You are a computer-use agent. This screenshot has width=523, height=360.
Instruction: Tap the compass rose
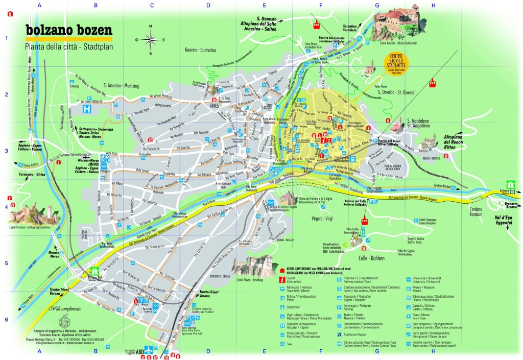coord(150,39)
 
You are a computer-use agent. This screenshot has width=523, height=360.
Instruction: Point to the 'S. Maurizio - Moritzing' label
coord(125,85)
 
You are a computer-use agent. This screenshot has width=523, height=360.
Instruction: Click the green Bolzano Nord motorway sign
coord(509,184)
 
